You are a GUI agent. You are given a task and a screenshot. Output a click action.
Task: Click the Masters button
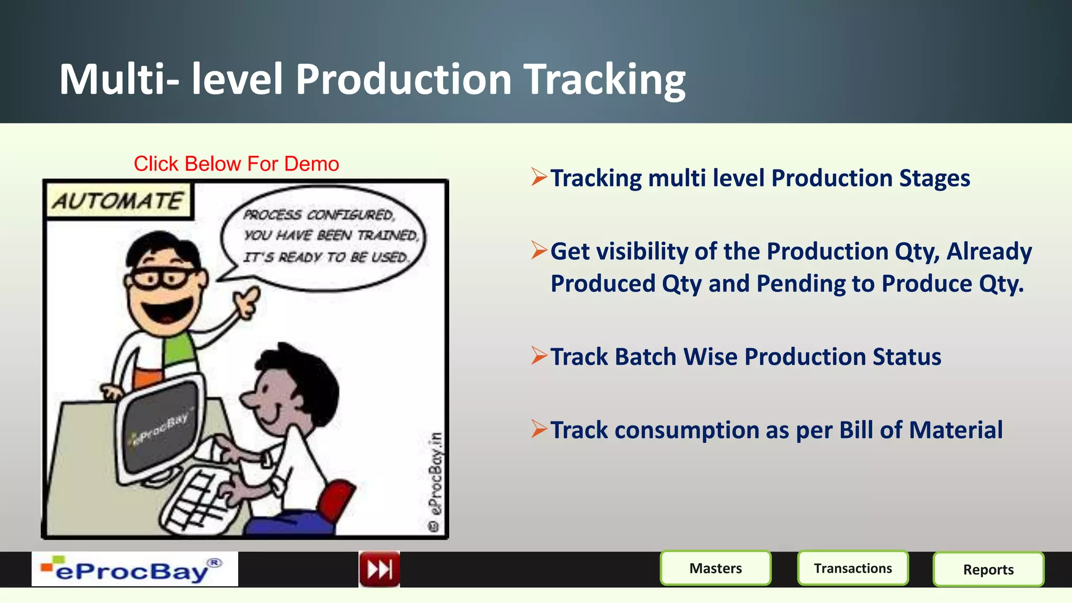click(716, 568)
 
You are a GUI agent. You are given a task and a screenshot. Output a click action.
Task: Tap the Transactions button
click(853, 568)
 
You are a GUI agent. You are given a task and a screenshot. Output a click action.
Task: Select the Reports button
click(988, 569)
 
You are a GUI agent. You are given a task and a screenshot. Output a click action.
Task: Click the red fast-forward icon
click(379, 569)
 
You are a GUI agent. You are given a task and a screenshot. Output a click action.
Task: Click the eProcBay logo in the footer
click(135, 569)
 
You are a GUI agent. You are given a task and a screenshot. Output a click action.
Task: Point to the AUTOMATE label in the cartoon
click(118, 201)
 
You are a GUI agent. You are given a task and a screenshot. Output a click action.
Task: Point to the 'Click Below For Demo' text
click(236, 164)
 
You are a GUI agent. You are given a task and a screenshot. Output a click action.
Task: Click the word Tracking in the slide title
click(605, 80)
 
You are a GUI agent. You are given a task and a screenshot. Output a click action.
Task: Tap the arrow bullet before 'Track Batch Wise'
click(539, 356)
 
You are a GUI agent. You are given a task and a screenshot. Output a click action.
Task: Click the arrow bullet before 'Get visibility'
click(539, 250)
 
